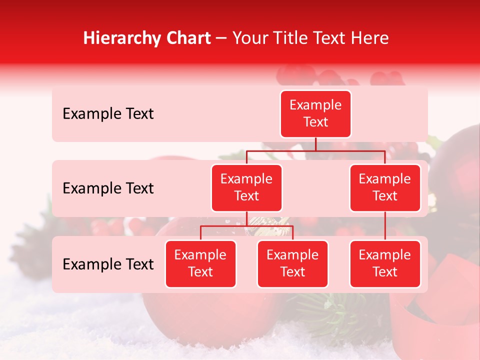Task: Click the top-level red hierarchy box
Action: point(315,114)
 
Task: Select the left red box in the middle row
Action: point(246,188)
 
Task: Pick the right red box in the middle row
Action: point(385,188)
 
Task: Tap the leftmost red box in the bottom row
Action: point(200,264)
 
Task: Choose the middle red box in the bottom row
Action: point(292,264)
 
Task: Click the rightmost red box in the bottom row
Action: point(385,264)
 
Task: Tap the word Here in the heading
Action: point(369,38)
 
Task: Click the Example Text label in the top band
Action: point(108,114)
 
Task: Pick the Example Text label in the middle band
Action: point(108,188)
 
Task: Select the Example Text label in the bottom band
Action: point(108,264)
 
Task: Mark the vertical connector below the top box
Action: point(315,144)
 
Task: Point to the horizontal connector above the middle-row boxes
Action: point(315,150)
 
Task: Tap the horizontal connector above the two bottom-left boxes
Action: point(246,226)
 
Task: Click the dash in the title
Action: point(221,38)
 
